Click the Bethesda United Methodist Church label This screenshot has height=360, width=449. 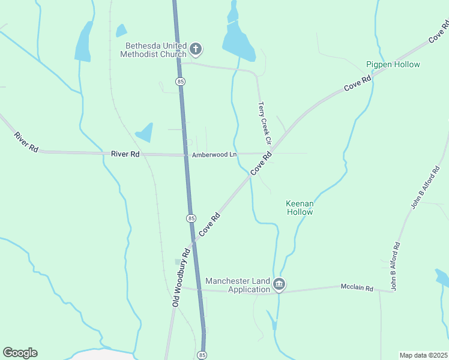(155, 50)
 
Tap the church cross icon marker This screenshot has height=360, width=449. (196, 49)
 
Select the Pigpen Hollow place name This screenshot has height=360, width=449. (393, 64)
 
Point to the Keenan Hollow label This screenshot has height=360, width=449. (300, 208)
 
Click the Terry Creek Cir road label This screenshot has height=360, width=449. (265, 123)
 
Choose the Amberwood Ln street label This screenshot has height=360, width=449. (214, 155)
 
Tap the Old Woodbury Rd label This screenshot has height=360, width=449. (180, 278)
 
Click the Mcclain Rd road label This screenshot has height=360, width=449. (357, 288)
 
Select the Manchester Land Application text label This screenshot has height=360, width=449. (238, 285)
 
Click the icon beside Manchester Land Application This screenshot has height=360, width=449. (279, 284)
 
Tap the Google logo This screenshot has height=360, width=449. (20, 353)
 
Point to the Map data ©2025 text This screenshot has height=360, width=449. (423, 355)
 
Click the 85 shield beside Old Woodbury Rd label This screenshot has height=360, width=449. (190, 218)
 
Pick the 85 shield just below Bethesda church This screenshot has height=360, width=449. (180, 81)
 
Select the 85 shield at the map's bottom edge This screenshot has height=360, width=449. (202, 355)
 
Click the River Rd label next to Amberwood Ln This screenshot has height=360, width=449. (125, 154)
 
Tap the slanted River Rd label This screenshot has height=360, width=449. (25, 142)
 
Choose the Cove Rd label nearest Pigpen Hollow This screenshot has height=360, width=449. (358, 82)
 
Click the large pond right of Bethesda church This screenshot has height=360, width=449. (238, 42)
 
